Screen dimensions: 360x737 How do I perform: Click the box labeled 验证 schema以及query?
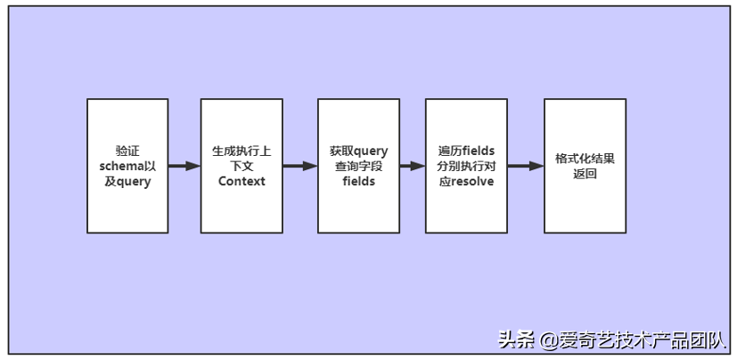click(x=127, y=166)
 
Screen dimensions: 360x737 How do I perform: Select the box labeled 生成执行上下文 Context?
click(x=242, y=166)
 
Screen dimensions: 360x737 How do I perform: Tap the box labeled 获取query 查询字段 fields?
click(x=358, y=166)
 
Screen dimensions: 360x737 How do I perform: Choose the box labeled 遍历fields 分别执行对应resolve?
click(x=466, y=166)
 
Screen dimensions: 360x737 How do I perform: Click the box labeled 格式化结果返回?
click(x=585, y=166)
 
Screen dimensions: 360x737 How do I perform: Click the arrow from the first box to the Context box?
click(x=184, y=166)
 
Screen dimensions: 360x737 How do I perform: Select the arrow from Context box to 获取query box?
click(x=300, y=166)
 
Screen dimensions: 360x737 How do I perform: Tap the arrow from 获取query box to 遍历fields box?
click(x=412, y=166)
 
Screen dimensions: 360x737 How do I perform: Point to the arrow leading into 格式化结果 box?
click(x=526, y=166)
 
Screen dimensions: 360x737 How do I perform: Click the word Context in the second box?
click(x=242, y=182)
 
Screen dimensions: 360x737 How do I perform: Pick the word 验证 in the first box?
click(x=127, y=150)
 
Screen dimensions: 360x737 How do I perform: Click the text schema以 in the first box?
click(x=127, y=166)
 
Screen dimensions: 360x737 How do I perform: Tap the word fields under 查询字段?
click(x=358, y=182)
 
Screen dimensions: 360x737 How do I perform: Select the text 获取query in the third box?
click(x=358, y=150)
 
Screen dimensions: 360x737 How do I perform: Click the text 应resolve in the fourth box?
click(x=466, y=182)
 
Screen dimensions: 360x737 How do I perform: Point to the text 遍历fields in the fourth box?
click(x=466, y=150)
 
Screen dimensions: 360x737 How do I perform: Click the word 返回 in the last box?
click(x=585, y=175)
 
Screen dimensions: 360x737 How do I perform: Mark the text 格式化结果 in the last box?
click(x=585, y=158)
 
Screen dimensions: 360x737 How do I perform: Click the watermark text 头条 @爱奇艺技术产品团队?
click(x=612, y=340)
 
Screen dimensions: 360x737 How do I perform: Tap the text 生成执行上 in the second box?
click(x=242, y=150)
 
